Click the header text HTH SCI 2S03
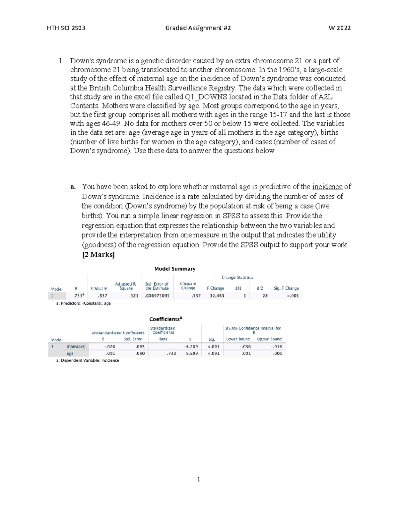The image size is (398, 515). [66, 28]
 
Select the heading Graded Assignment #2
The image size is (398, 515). [198, 28]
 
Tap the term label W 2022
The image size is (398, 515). [339, 28]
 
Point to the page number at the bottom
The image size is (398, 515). [198, 479]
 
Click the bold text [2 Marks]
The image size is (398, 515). [98, 255]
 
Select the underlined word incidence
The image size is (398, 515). [327, 187]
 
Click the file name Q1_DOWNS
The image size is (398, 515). [202, 97]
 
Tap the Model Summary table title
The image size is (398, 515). [175, 269]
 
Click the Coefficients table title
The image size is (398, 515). [166, 319]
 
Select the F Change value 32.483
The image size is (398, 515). [217, 296]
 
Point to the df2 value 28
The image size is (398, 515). [265, 296]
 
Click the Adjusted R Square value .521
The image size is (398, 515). [134, 296]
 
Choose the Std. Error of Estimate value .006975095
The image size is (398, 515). [157, 296]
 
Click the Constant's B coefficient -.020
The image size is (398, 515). [109, 347]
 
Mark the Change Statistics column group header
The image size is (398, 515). [237, 278]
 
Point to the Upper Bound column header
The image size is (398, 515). [269, 339]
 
